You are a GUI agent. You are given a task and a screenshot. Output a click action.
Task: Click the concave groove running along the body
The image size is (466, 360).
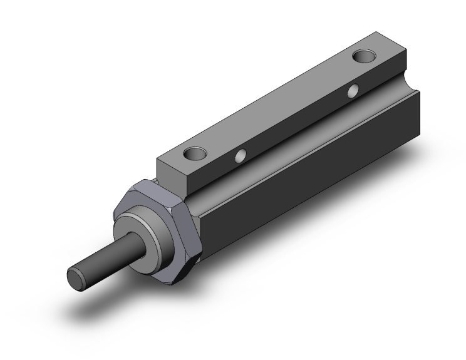[282, 150]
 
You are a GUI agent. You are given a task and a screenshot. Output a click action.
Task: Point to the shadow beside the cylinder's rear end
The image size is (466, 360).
[388, 207]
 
